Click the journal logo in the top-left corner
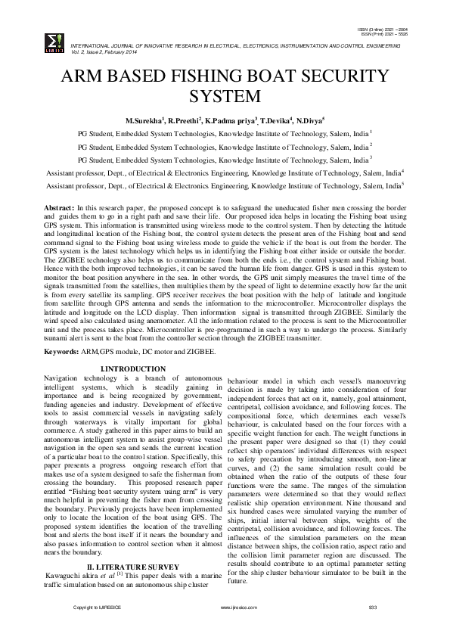tap(53, 41)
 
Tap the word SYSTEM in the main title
tap(225, 96)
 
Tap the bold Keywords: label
tap(63, 353)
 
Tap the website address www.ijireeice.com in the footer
tap(234, 607)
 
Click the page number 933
tap(372, 607)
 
